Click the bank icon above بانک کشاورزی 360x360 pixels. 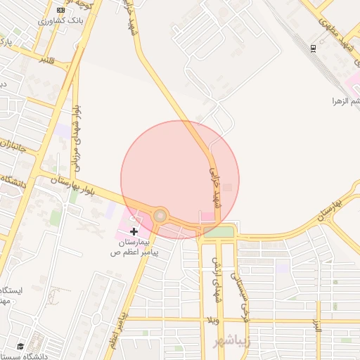[60, 11]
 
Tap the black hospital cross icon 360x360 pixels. [134, 231]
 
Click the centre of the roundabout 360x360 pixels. [161, 215]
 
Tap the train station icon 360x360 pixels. [313, 48]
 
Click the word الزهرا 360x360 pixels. [343, 101]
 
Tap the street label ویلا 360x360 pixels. [214, 320]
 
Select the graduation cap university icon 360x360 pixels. [21, 347]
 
